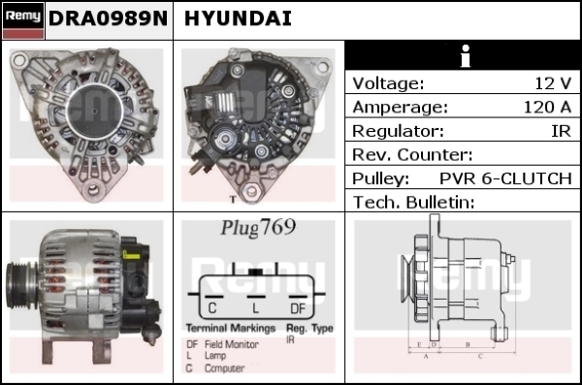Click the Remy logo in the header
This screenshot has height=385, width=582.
click(x=23, y=20)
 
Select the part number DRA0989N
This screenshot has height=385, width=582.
click(x=108, y=18)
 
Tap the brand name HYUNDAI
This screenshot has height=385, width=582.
click(x=238, y=18)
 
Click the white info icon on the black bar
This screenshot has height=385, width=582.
click(x=465, y=56)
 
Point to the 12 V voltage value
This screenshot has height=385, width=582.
click(x=553, y=83)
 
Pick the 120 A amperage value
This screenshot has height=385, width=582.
click(x=547, y=107)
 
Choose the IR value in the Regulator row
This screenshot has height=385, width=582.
click(x=562, y=131)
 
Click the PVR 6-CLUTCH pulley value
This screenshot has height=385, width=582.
click(x=505, y=178)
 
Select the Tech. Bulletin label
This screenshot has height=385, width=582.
click(x=413, y=203)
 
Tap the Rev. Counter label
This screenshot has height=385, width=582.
click(x=412, y=155)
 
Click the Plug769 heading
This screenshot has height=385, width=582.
click(x=258, y=227)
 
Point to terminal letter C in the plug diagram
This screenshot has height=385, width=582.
click(x=212, y=307)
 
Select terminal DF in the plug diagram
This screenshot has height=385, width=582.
click(x=298, y=308)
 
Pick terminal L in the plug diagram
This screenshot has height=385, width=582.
click(x=255, y=308)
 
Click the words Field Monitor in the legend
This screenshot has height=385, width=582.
click(x=232, y=344)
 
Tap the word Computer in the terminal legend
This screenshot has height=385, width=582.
click(x=225, y=368)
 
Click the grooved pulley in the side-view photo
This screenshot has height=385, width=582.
click(x=20, y=285)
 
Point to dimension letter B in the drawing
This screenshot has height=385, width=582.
click(x=468, y=344)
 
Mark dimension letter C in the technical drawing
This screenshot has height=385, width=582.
click(x=480, y=356)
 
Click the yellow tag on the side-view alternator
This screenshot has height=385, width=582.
click(x=131, y=255)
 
